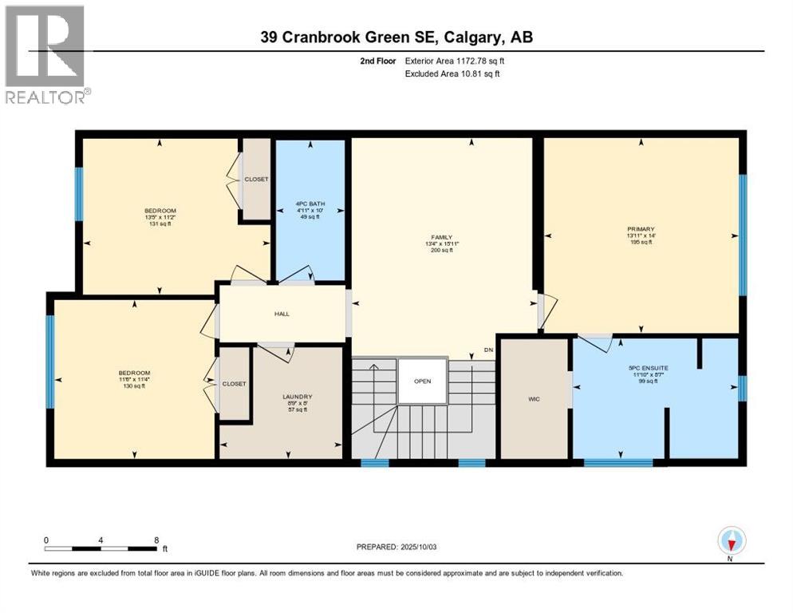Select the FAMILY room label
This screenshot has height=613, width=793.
tap(442, 237)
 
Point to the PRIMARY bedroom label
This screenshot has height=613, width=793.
tap(640, 228)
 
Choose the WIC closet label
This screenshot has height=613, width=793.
tap(534, 398)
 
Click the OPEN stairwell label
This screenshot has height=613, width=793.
tap(422, 381)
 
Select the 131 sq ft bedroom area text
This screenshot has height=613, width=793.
tap(160, 224)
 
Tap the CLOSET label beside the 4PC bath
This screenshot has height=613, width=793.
tap(256, 179)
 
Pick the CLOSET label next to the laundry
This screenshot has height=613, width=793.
tap(234, 383)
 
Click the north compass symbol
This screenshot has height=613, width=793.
tap(731, 541)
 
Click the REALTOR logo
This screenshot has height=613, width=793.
tap(46, 54)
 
